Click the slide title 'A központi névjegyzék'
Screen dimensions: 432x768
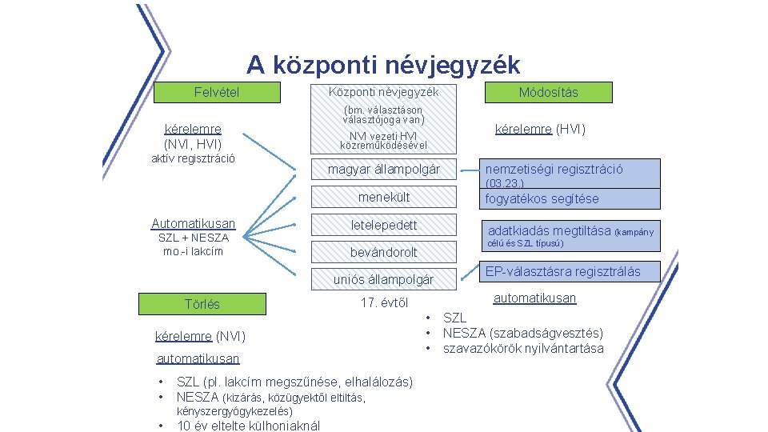pos(383,64)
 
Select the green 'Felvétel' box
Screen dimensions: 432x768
pos(216,93)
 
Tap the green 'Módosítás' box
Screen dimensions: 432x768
pos(548,93)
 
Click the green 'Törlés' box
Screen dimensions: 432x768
pos(202,304)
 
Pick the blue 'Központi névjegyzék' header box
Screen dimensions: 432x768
pos(383,93)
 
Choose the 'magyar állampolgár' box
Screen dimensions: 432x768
pos(383,170)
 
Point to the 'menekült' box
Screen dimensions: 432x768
pos(383,198)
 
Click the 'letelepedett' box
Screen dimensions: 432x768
pos(383,226)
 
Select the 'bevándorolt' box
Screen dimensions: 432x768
pos(383,253)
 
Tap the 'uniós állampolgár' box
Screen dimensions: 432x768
pos(383,279)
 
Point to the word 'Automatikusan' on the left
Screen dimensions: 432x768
pos(194,224)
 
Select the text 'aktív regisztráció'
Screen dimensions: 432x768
pos(193,158)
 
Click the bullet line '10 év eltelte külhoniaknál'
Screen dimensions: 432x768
pos(248,426)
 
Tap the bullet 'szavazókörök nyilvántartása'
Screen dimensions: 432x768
pos(523,348)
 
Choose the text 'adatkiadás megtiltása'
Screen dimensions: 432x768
pos(549,230)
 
